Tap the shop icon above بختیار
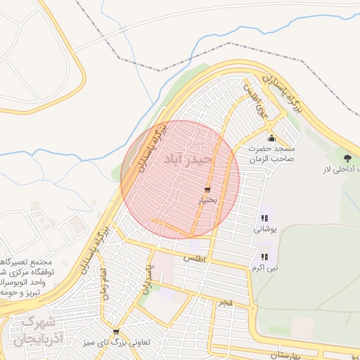[x=207, y=189]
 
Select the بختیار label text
[x=207, y=200]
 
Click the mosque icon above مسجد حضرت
[x=272, y=138]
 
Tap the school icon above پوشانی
[x=265, y=218]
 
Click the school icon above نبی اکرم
[x=265, y=257]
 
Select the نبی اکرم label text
[x=265, y=268]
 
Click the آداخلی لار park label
[x=341, y=169]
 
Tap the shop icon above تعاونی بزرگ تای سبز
[x=116, y=332]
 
